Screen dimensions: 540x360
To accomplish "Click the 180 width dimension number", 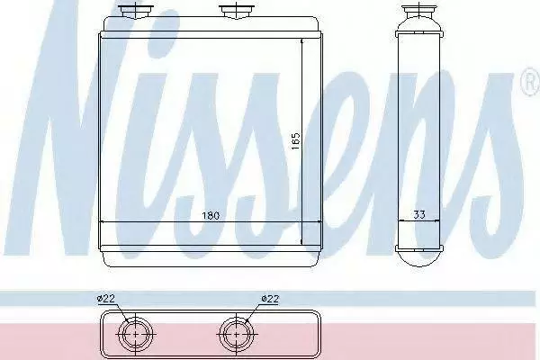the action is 211,216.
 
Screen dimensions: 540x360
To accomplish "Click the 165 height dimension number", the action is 296,141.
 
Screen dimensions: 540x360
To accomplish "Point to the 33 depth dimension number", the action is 418,214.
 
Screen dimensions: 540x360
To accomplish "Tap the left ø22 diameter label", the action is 106,298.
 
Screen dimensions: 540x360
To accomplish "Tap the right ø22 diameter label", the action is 270,298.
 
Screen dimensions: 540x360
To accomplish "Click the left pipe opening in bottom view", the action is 135,334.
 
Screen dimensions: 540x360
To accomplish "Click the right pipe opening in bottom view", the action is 236,334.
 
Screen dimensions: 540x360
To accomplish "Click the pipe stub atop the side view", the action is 418,11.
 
